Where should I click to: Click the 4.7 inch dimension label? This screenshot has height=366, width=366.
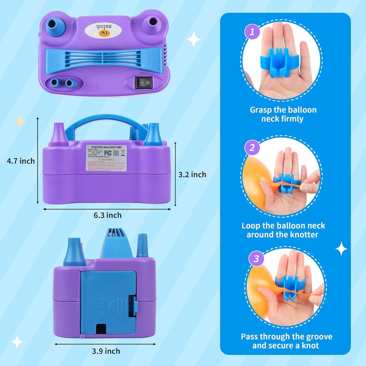[21, 161]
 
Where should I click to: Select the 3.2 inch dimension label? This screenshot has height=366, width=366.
[192, 174]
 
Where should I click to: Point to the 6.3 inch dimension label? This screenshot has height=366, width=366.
[107, 215]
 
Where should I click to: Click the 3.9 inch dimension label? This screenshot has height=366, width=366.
[106, 351]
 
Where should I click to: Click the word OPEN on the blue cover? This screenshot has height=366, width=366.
[102, 307]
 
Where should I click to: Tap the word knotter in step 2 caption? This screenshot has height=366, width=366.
[303, 235]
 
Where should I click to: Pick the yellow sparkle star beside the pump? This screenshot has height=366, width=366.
[20, 122]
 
